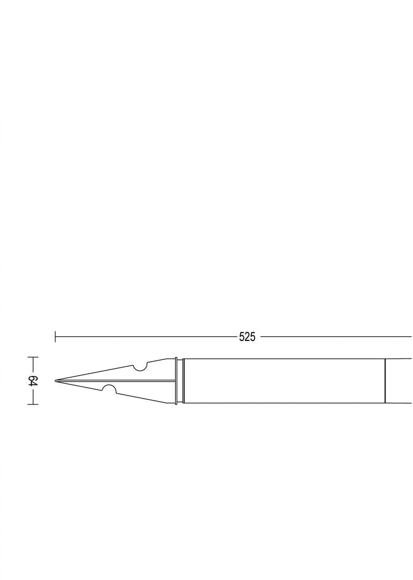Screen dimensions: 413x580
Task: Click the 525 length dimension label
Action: (x=247, y=337)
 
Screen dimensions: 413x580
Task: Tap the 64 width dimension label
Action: (x=33, y=381)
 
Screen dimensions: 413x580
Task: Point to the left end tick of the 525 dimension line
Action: (x=55, y=337)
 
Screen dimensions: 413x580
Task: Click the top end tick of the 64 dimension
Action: (x=33, y=357)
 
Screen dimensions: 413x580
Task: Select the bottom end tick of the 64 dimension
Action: (x=33, y=404)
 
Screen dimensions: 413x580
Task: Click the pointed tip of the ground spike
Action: (x=55, y=381)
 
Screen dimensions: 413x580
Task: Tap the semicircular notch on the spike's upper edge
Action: (x=141, y=367)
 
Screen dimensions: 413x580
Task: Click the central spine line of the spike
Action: (x=115, y=381)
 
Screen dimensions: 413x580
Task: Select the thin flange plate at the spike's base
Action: (x=176, y=381)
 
